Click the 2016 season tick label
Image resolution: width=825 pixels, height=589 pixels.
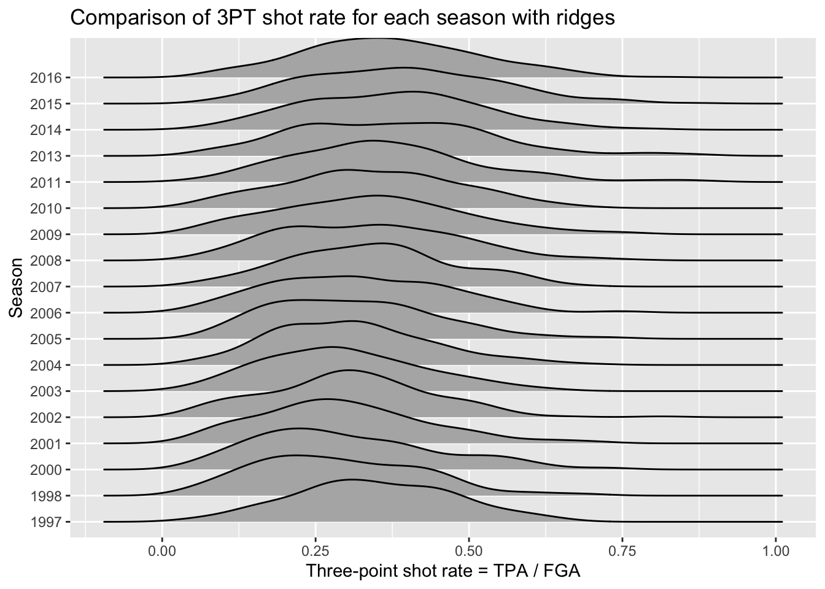coord(45,78)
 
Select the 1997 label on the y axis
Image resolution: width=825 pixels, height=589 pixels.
coord(45,522)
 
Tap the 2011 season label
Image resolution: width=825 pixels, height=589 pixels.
coord(45,182)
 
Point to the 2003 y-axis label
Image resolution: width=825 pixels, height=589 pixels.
coord(45,391)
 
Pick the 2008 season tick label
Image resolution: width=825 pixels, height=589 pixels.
coord(45,261)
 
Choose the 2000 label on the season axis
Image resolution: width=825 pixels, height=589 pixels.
coord(45,470)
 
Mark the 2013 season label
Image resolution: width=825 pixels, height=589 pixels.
coord(45,156)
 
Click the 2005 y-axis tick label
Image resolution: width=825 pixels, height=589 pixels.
coord(45,339)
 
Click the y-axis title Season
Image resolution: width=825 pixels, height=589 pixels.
coord(17,287)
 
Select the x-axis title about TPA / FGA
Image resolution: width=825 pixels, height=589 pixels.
coord(443,571)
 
